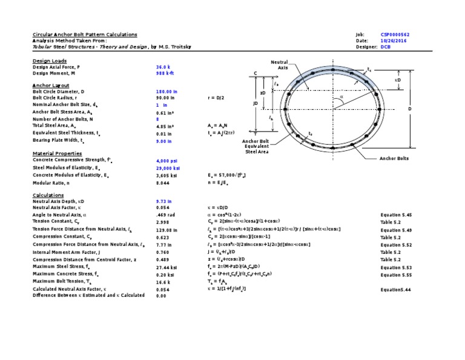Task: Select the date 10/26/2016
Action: pos(391,41)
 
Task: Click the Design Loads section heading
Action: pos(50,61)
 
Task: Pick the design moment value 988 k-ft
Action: pos(165,73)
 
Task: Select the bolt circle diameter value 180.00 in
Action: pos(166,91)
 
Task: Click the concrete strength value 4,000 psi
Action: pos(165,161)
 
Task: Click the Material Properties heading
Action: pos(56,153)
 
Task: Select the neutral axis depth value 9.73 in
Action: pos(163,200)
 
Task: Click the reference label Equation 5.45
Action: pos(396,215)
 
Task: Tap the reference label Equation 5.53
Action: pos(396,267)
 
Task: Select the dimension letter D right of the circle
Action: pos(409,109)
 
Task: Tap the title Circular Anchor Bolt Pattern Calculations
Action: pos(84,35)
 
